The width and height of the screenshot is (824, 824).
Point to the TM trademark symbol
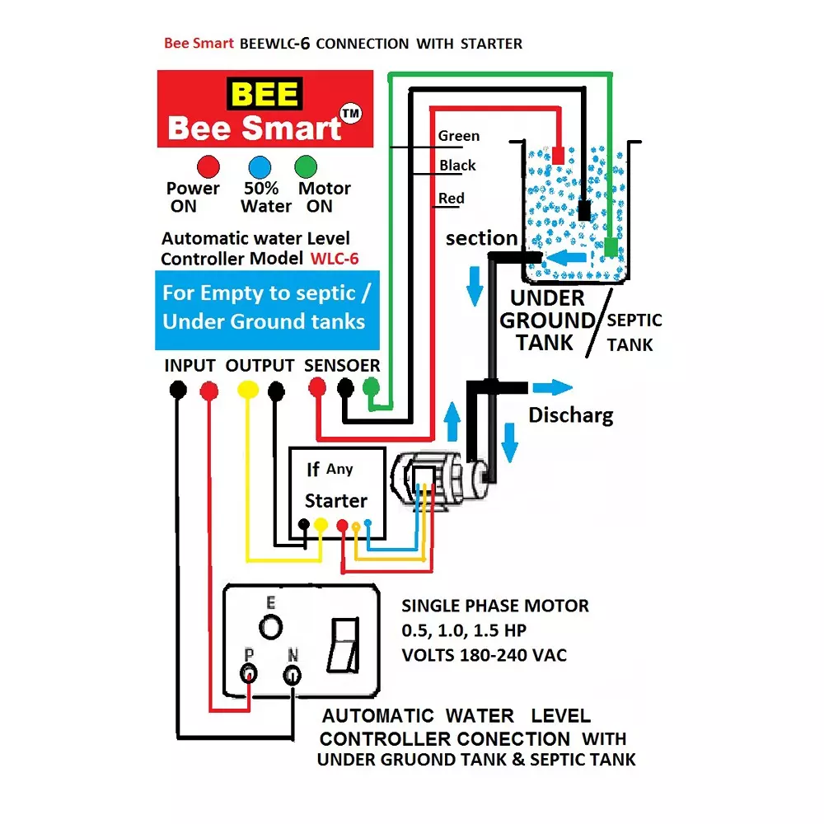click(x=352, y=115)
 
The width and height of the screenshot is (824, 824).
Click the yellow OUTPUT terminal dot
click(x=246, y=388)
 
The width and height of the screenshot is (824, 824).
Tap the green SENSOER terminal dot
click(x=372, y=386)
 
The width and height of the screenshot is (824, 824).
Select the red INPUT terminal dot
click(x=209, y=389)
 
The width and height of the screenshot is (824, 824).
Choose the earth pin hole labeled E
click(x=270, y=627)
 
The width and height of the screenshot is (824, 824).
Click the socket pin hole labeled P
click(x=248, y=675)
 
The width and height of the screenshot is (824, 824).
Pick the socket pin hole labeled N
click(x=292, y=676)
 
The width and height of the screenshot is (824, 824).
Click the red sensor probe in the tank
click(x=558, y=154)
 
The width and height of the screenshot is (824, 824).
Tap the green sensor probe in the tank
click(x=611, y=246)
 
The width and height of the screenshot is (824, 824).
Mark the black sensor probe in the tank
click(x=584, y=209)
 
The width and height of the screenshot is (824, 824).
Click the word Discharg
click(x=570, y=414)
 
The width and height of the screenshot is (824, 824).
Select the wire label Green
click(x=458, y=136)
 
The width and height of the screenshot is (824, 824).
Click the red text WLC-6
click(x=335, y=259)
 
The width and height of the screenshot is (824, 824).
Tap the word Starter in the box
click(x=336, y=500)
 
